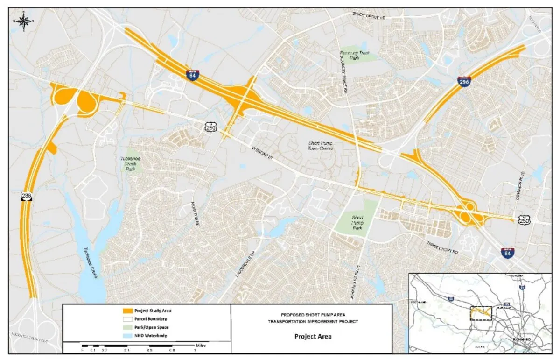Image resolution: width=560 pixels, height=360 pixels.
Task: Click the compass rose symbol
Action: pyautogui.click(x=24, y=20)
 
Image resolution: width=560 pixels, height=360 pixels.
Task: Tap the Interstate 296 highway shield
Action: pyautogui.click(x=464, y=81)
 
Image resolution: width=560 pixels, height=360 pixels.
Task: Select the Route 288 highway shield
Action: pyautogui.click(x=26, y=197)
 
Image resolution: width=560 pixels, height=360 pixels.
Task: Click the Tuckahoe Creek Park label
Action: pyautogui.click(x=129, y=163)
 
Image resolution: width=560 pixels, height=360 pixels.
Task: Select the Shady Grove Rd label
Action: pyautogui.click(x=369, y=15)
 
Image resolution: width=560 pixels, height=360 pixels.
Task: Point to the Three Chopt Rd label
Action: pyautogui.click(x=443, y=246)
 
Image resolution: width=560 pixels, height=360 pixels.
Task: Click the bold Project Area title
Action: pyautogui.click(x=313, y=336)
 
